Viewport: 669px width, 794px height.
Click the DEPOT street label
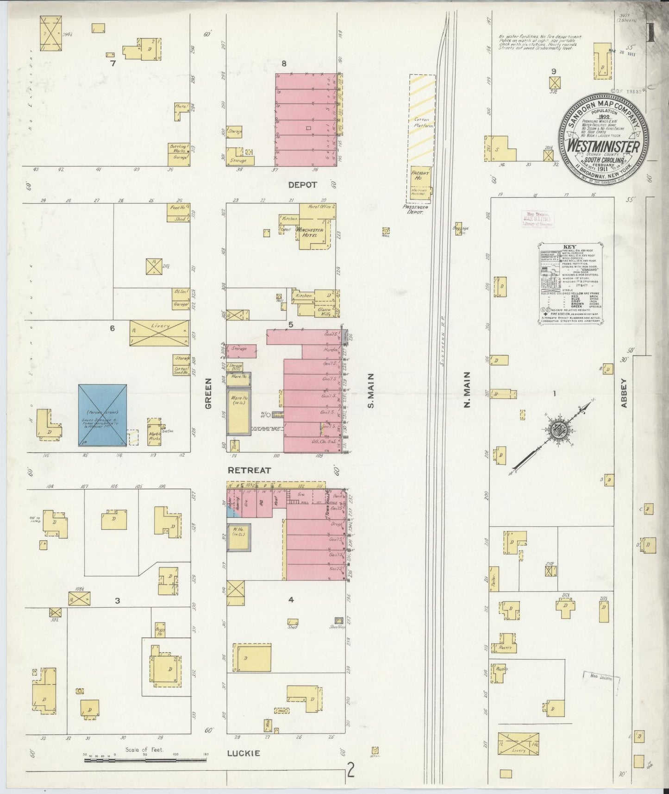303,184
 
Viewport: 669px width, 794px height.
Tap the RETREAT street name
249,470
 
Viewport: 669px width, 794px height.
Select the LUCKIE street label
243,754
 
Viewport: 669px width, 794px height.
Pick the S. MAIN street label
370,391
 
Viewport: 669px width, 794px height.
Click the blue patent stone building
102,415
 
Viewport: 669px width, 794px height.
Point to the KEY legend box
570,283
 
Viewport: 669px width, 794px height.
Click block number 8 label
284,63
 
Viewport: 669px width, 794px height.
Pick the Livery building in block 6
159,333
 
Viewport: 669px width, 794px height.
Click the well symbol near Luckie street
375,750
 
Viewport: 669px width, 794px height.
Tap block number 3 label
118,601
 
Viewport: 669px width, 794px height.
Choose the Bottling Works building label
179,148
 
